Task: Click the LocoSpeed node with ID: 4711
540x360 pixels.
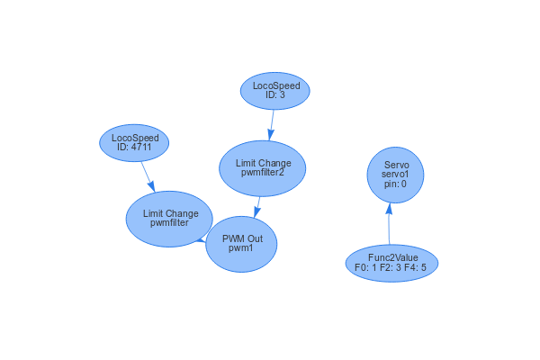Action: tap(134, 143)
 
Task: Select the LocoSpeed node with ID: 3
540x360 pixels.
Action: tap(275, 90)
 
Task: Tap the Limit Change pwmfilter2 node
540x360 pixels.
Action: tap(263, 167)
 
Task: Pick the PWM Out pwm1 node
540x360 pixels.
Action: tap(241, 244)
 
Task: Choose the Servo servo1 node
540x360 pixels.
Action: tap(396, 175)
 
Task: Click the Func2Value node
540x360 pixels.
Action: tap(391, 263)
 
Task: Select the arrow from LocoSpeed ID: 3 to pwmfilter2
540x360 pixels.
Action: tap(271, 124)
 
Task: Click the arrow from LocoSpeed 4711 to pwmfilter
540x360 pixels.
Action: tap(147, 175)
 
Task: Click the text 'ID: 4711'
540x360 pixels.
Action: tap(135, 148)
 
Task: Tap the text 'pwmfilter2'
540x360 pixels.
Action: tap(263, 173)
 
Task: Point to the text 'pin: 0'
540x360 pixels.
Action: tap(396, 184)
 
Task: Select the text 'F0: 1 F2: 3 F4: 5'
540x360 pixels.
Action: tap(391, 267)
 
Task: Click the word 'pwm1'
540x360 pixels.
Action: tap(241, 249)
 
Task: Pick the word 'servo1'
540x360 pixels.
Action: tap(396, 175)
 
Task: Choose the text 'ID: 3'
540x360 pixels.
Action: tap(275, 94)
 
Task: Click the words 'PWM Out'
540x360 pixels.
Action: tap(242, 239)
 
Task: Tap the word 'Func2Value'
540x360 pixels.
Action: tap(392, 258)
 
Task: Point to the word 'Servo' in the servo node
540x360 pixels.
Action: tap(396, 166)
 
